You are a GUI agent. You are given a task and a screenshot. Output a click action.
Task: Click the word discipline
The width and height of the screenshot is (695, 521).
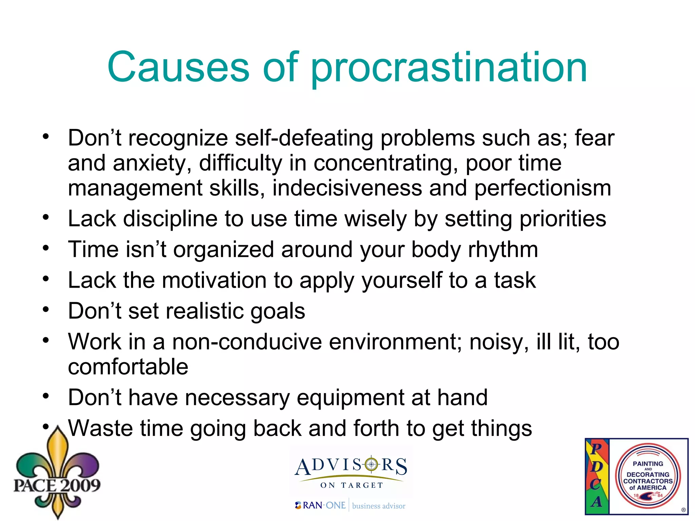170,219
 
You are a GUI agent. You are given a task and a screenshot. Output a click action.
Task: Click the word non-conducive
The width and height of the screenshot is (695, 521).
247,342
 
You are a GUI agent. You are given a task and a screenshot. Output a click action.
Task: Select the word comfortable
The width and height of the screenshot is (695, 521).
128,367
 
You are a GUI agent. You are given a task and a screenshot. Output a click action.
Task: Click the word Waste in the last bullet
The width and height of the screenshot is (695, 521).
100,428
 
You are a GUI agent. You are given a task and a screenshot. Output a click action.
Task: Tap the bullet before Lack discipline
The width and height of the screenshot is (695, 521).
46,217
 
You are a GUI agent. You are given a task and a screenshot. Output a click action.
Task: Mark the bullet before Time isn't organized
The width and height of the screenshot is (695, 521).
46,248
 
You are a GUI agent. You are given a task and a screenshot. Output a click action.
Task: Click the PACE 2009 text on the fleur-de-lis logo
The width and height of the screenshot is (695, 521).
57,485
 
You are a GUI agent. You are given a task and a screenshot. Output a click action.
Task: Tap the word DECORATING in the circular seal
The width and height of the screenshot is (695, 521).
648,475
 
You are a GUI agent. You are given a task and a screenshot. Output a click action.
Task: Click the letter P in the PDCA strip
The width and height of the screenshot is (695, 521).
596,448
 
